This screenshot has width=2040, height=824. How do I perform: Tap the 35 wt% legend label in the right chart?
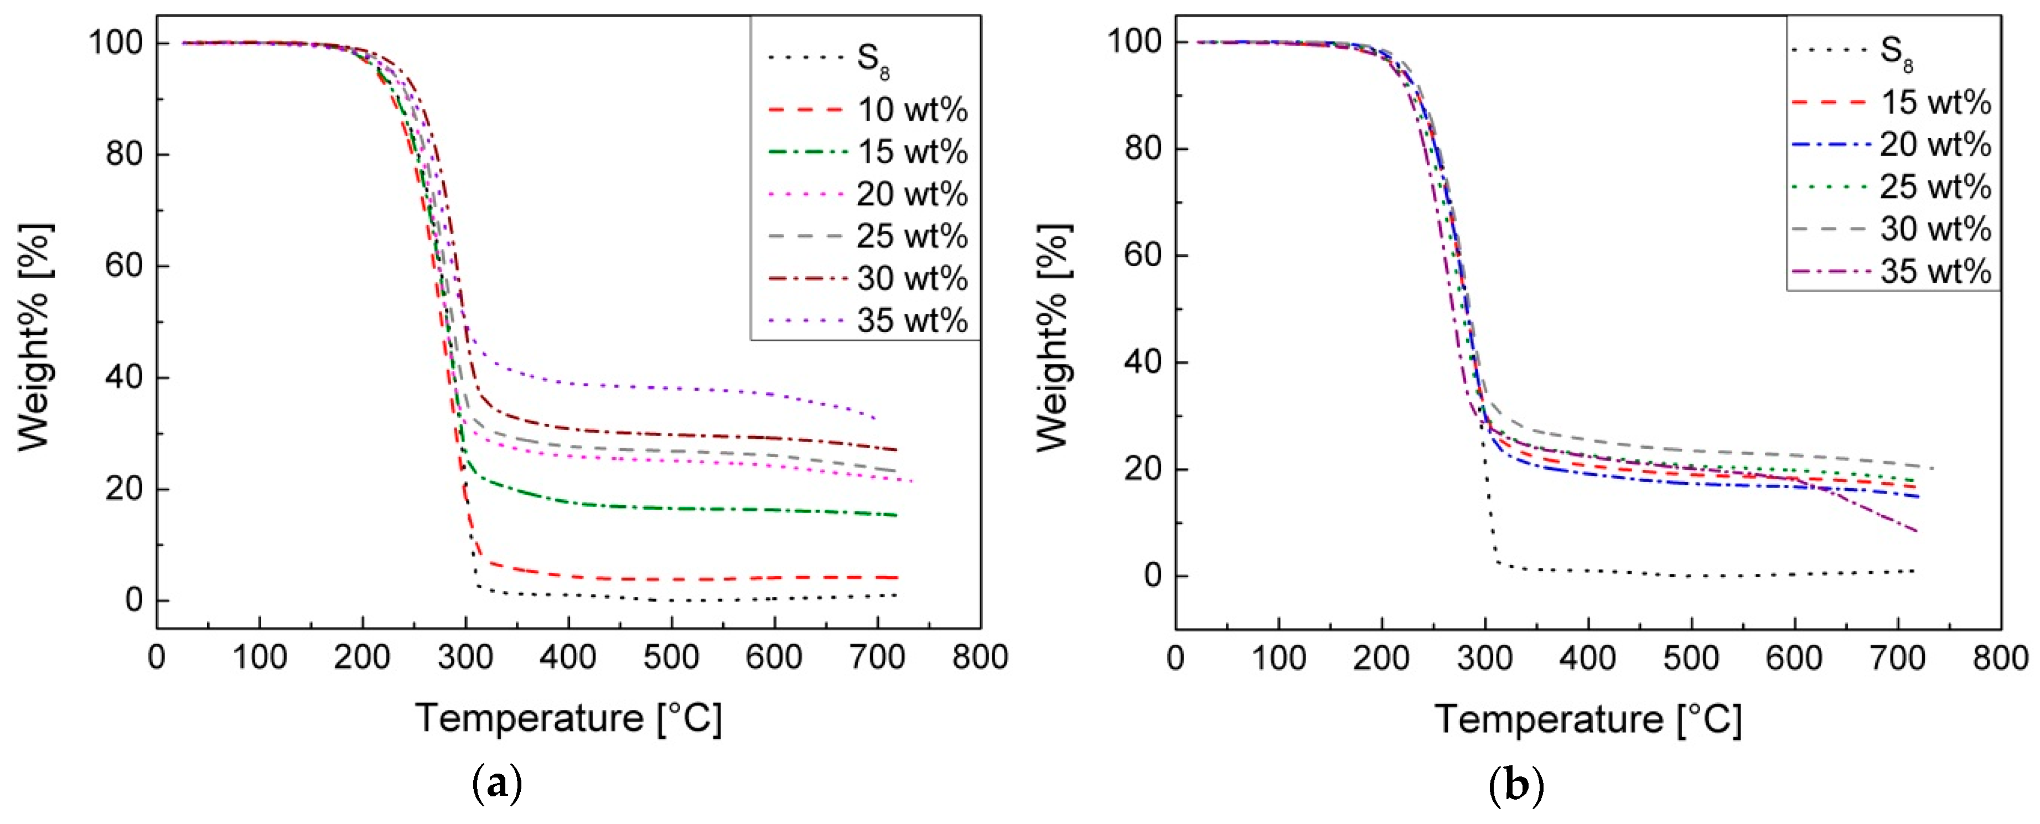[1935, 272]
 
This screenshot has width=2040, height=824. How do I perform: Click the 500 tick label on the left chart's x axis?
[671, 658]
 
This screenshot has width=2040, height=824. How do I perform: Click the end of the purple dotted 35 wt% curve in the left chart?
[874, 417]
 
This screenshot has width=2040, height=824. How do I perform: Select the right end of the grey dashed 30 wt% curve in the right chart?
[1932, 468]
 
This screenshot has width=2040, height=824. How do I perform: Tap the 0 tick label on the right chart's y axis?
[1152, 576]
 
